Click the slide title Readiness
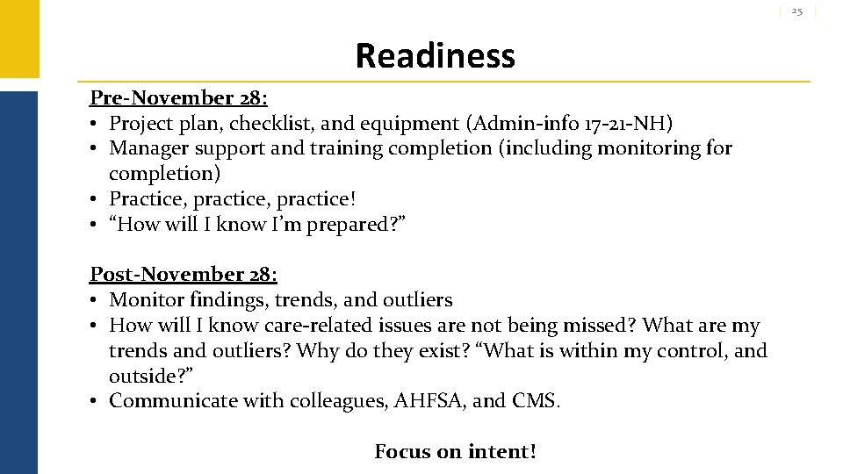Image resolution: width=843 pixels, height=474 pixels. (x=435, y=56)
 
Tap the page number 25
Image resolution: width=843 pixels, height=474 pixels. (x=796, y=11)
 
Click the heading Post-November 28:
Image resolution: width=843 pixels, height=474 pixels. (x=184, y=275)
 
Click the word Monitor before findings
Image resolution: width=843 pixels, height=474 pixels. (x=147, y=300)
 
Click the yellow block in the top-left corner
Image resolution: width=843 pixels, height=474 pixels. (x=18, y=39)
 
